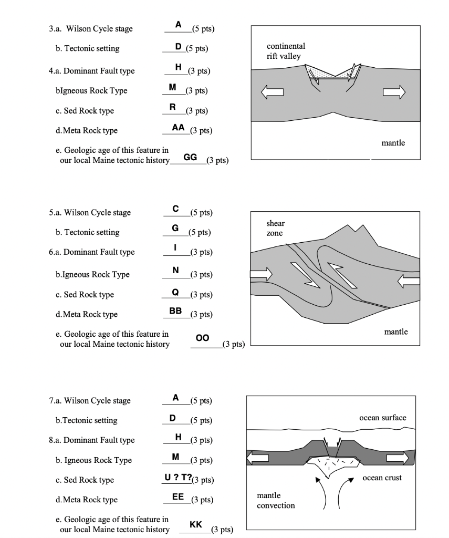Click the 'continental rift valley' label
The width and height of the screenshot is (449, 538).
point(286,51)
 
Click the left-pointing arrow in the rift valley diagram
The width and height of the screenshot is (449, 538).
point(273,93)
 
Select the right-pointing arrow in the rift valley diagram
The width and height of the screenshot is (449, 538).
point(394,93)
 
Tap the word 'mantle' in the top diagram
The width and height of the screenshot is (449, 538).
point(393,143)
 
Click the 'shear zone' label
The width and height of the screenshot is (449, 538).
point(276,227)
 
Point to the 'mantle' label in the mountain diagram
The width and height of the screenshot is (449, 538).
point(395,332)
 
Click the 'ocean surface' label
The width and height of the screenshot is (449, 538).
point(382,417)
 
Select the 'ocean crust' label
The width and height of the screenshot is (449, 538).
point(382,478)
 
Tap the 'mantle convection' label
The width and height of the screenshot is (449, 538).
point(276,500)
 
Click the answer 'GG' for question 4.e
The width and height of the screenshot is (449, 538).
point(191,158)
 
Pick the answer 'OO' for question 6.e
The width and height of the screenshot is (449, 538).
point(202,339)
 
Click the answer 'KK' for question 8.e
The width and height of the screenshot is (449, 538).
point(195,524)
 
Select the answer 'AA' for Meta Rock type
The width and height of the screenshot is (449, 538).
point(179,128)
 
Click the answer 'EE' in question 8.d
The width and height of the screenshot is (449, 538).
point(178,497)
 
